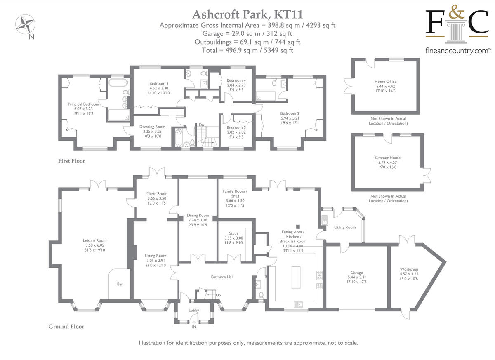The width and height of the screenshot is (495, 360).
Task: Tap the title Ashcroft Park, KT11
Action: click(247, 14)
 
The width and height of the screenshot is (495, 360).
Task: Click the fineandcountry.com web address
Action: click(458, 51)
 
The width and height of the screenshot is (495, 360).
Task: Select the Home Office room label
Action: click(385, 82)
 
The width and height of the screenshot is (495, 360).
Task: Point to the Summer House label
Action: click(387, 158)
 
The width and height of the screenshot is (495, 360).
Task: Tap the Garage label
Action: click(356, 273)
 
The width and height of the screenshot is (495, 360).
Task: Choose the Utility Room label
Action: click(345, 227)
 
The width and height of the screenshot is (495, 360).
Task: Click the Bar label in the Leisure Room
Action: click(120, 284)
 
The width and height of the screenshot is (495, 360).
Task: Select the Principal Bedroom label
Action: click(83, 104)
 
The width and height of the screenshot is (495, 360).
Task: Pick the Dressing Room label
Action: click(152, 127)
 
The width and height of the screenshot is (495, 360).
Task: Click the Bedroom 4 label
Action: click(236, 80)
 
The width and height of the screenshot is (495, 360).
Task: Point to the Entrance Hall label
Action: click(222, 277)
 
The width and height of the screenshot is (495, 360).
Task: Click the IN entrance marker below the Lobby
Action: click(194, 327)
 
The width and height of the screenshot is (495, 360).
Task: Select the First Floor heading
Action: click(71, 161)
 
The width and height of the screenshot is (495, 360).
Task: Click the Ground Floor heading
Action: click(66, 327)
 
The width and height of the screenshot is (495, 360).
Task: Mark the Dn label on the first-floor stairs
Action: click(201, 125)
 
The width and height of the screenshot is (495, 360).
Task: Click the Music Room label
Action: click(157, 194)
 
